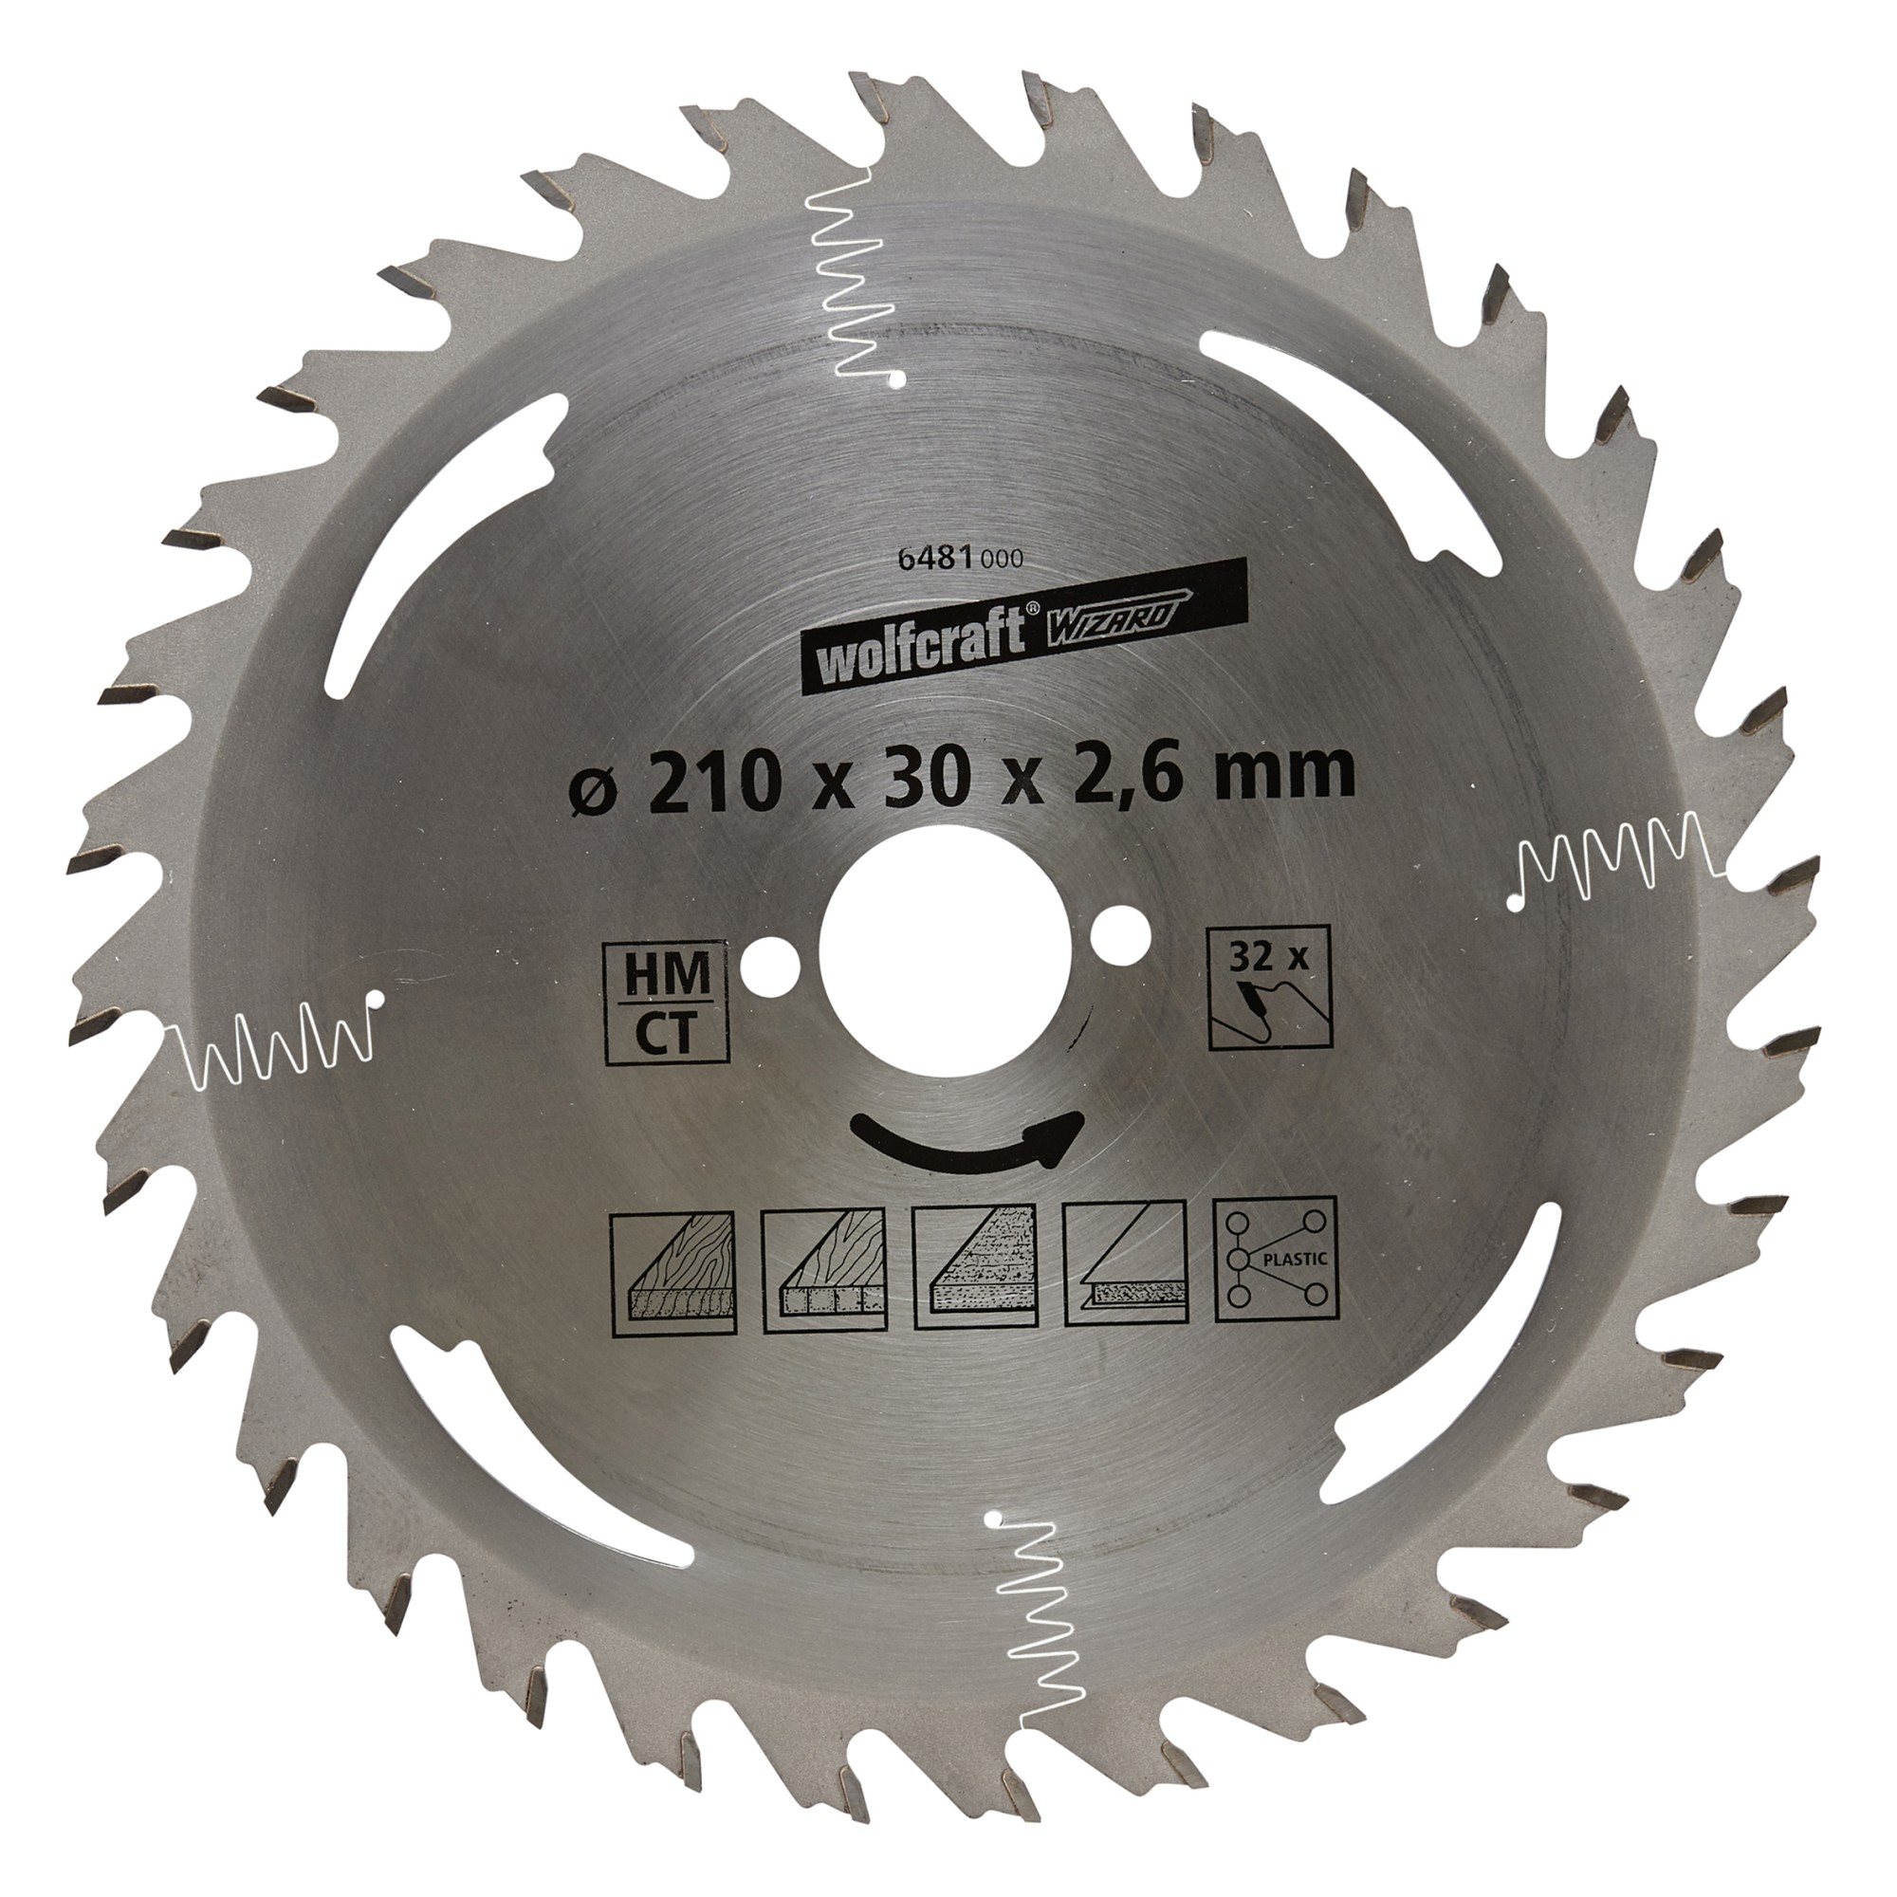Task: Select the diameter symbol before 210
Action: tap(591, 776)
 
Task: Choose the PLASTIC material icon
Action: tap(1277, 1259)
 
